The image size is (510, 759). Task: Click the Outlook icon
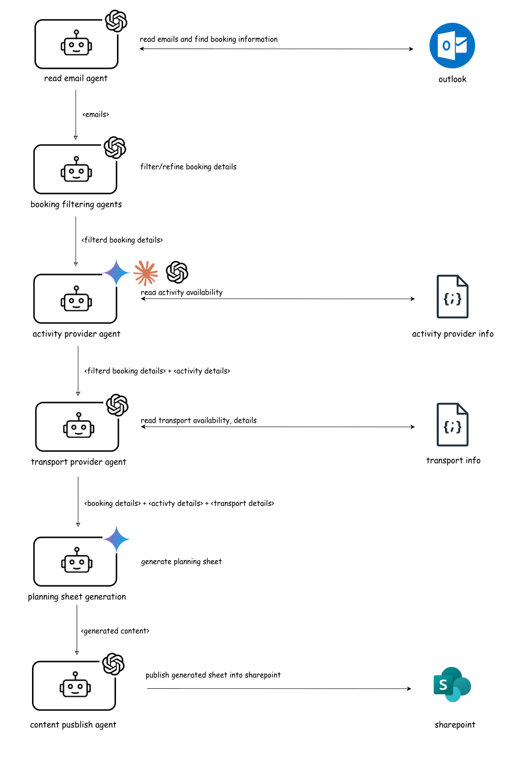click(452, 46)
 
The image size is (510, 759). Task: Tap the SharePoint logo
click(452, 684)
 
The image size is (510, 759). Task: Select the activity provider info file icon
click(452, 297)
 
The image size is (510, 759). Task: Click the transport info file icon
click(452, 424)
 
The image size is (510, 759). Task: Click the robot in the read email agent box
click(76, 44)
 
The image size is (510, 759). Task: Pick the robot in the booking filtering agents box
click(76, 170)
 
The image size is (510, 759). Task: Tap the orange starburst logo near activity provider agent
click(146, 273)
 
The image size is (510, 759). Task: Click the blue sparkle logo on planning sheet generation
click(116, 539)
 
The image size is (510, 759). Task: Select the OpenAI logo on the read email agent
click(116, 21)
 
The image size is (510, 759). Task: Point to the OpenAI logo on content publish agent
click(114, 664)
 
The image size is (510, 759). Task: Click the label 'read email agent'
click(76, 79)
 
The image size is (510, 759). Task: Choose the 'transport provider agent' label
click(79, 462)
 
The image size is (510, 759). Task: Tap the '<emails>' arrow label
click(96, 114)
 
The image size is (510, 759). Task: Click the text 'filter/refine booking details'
click(188, 167)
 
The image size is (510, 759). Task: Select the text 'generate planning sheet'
click(181, 562)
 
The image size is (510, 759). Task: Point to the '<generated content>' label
click(115, 631)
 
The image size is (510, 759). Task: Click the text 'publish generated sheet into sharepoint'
click(213, 675)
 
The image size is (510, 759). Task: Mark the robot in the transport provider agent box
click(79, 426)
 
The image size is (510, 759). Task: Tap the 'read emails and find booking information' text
click(209, 39)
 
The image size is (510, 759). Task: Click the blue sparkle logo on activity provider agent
click(116, 273)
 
